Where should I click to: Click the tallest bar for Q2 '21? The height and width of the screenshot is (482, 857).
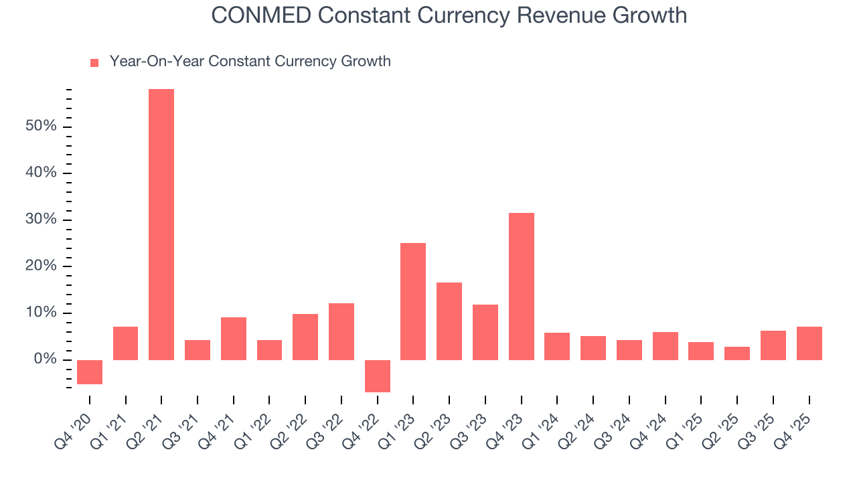[161, 224]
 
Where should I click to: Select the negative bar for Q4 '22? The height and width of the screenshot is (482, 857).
[378, 376]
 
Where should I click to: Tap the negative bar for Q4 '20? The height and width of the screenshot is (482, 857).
[90, 372]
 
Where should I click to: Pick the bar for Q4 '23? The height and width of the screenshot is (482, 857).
[522, 287]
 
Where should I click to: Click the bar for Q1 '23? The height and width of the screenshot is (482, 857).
[413, 301]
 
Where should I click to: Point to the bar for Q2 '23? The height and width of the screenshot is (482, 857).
[449, 321]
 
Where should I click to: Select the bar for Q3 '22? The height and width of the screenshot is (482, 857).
[341, 331]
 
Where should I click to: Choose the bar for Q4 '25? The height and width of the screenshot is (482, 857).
[809, 343]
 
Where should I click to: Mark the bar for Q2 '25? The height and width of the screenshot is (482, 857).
[737, 353]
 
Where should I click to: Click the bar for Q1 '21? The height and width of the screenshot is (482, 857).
[126, 343]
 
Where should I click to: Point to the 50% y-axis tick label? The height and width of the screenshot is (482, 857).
[42, 127]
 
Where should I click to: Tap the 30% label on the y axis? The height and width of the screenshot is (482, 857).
[42, 220]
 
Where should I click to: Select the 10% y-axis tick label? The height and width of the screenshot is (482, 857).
[42, 313]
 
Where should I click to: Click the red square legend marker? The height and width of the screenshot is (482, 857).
[94, 62]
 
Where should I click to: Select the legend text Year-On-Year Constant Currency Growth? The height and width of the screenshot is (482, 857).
[250, 62]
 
